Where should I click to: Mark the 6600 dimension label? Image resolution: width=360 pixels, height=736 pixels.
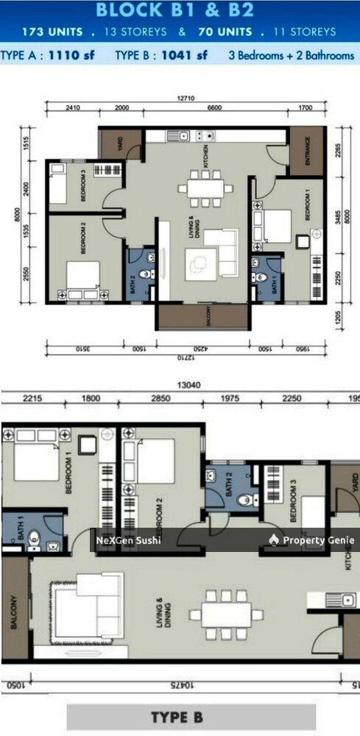[213, 107]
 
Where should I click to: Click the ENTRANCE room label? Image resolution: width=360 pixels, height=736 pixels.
[301, 151]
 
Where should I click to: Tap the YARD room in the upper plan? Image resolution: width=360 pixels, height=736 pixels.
[120, 145]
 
